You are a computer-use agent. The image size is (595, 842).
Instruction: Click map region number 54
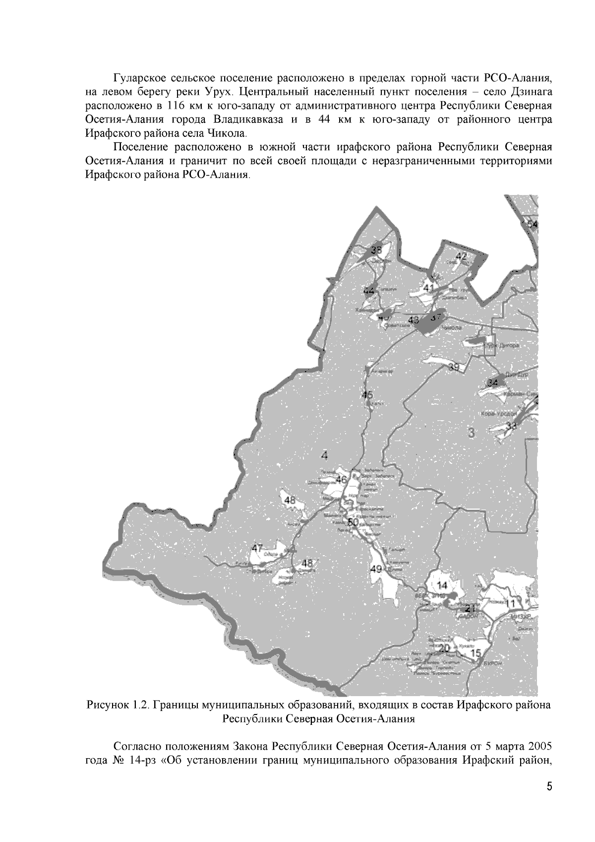pos(532,224)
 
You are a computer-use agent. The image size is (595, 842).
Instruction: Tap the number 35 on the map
pos(376,250)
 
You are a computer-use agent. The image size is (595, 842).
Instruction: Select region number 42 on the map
pos(461,257)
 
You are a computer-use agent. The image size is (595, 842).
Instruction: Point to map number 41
pos(429,288)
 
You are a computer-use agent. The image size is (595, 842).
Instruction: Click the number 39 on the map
pos(454,367)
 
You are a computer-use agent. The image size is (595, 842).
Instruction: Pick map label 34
pos(492,383)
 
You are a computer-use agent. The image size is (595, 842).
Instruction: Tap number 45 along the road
pos(367,395)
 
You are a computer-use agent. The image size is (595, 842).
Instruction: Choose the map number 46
pos(341,479)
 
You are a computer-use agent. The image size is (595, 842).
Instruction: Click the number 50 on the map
pos(353,522)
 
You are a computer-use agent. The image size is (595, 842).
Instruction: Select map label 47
pos(257,548)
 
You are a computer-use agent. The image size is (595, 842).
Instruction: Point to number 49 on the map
pos(376,569)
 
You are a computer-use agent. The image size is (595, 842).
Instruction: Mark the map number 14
pos(442,585)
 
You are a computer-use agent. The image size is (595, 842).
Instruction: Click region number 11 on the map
pos(511,602)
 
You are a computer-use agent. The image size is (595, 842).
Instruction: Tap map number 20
pos(444,648)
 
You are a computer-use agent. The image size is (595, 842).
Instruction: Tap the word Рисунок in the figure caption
pos(107,705)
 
